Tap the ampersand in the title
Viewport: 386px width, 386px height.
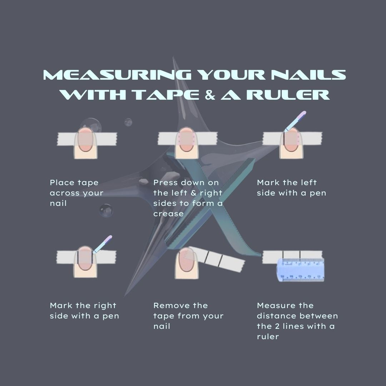[x=210, y=95]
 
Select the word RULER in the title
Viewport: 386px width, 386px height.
[x=288, y=95]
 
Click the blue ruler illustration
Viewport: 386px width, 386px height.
[x=301, y=270]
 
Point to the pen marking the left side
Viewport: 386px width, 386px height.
[x=295, y=121]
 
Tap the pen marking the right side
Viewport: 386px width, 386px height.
[x=103, y=244]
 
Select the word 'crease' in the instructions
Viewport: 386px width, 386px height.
[x=168, y=214]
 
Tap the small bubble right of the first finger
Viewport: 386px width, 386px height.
[x=128, y=122]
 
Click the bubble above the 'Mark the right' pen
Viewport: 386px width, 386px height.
[x=106, y=211]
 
